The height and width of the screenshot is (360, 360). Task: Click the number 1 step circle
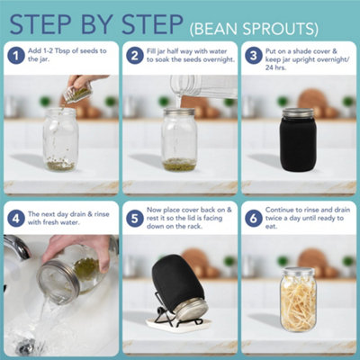pos(16,56)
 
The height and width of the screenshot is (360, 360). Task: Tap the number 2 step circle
pos(135,56)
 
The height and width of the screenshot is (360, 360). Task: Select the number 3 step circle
pos(254,56)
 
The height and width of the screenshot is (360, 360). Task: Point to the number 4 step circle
pos(16,218)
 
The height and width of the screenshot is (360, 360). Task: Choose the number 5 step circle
pos(135,218)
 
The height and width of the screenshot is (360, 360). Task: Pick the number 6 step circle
pos(254,218)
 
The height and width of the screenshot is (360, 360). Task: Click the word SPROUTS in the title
pos(280,29)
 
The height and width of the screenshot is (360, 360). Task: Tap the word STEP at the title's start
pos(40,24)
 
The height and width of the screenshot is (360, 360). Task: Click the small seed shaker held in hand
pos(77,94)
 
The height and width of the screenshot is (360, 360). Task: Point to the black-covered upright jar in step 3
pos(298,139)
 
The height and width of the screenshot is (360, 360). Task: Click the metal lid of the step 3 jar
pos(298,112)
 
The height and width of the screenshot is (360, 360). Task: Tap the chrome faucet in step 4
pos(17,247)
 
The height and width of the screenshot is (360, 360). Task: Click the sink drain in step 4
pos(26,346)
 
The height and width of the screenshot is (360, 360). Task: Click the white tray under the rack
pos(179,323)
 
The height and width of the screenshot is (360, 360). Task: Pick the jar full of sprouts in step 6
pos(298,300)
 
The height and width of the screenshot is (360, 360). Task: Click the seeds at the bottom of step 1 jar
pos(60,166)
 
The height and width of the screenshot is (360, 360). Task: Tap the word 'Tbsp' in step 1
pos(62,50)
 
